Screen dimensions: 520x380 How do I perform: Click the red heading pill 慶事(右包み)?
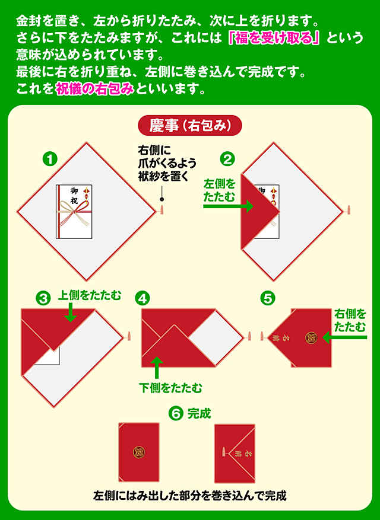190,126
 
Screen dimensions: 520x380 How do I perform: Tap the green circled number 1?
50,159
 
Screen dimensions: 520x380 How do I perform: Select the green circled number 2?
227,159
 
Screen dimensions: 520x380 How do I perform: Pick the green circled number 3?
43,299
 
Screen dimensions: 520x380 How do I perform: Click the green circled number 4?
142,299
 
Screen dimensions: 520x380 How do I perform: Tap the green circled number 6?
176,413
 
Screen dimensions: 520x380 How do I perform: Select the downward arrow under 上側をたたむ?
71,312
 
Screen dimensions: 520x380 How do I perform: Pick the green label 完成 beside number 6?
199,413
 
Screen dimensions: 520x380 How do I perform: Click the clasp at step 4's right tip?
251,337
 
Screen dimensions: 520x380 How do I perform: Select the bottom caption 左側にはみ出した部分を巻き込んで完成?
190,495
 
